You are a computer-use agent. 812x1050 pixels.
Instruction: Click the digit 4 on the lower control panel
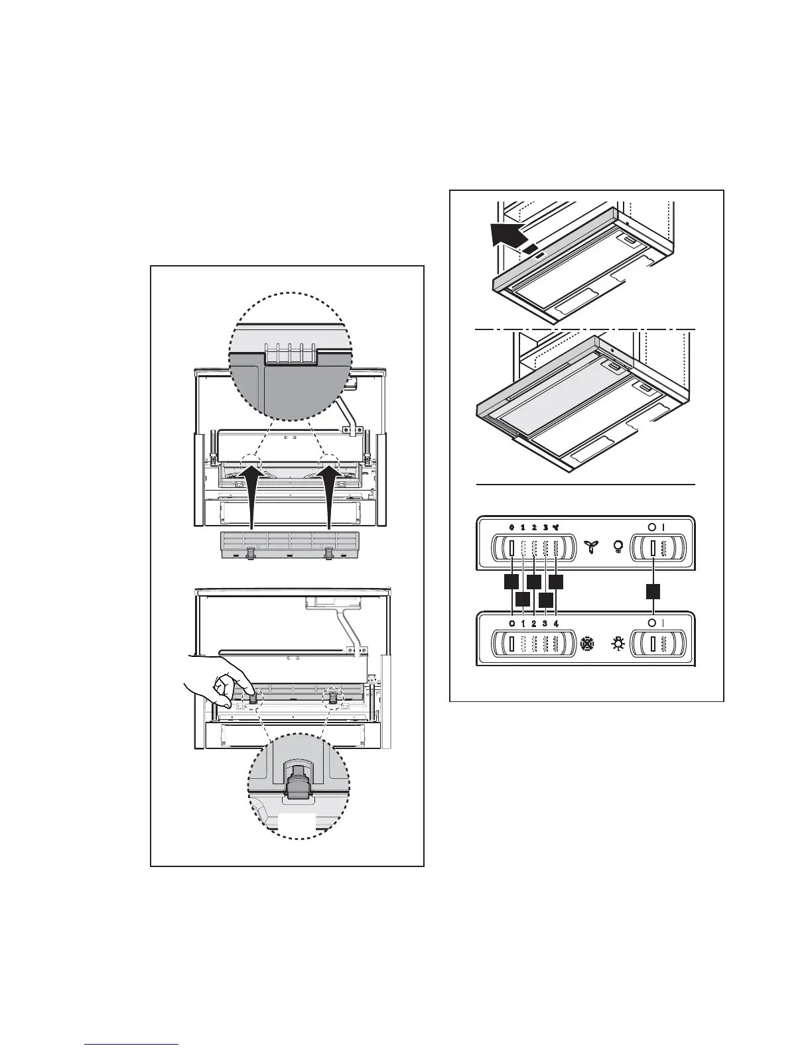point(557,624)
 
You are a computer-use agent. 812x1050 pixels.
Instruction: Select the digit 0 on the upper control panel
point(511,528)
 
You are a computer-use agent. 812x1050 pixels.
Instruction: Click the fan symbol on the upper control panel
point(590,548)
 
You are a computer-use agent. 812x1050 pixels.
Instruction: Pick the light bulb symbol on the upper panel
point(618,548)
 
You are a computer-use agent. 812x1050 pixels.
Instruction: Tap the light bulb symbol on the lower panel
point(617,644)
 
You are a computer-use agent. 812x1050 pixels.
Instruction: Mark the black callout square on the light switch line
point(654,591)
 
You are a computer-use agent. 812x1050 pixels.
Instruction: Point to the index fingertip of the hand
point(247,690)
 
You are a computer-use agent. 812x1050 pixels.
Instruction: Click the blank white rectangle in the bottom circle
point(296,820)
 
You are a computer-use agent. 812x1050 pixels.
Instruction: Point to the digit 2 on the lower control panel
point(534,624)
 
